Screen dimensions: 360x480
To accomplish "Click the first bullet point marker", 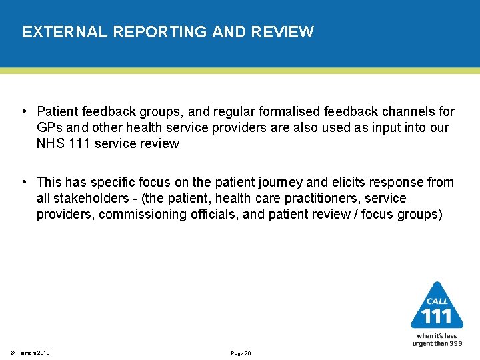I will coord(24,111).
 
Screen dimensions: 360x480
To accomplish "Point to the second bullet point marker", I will coord(24,182).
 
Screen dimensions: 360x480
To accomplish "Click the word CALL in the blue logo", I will coord(437,302).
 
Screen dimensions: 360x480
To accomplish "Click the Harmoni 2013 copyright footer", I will coord(30,353).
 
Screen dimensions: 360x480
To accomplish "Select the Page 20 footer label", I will coord(240,353).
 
